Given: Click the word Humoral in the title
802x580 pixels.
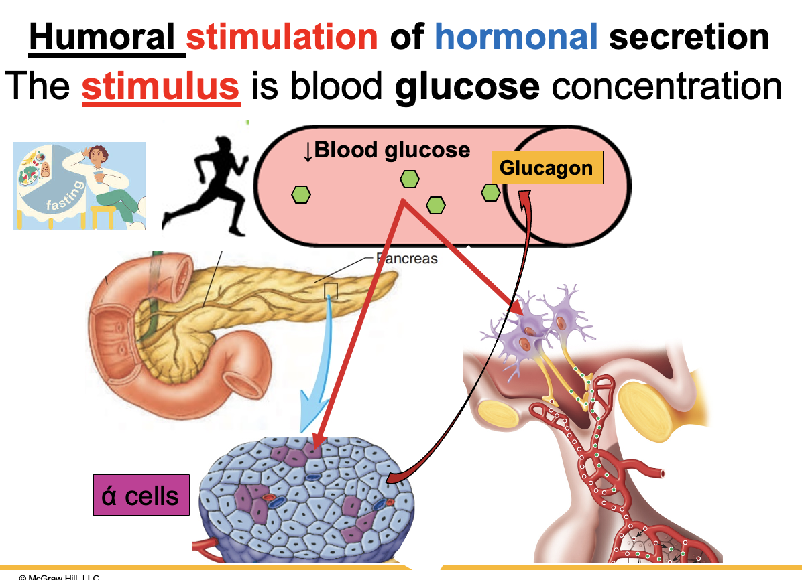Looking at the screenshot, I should [105, 36].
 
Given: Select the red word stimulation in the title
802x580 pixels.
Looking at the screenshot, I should [282, 36].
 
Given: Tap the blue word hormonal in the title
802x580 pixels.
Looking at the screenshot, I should [516, 36].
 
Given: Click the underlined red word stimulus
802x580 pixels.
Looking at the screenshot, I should [160, 86].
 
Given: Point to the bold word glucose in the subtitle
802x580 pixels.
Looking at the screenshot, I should [467, 86].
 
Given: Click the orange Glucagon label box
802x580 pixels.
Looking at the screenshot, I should [547, 167].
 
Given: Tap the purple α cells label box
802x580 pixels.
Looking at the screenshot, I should [141, 496].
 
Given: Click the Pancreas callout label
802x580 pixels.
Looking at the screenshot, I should [406, 258].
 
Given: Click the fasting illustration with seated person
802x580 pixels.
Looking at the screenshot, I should [79, 186].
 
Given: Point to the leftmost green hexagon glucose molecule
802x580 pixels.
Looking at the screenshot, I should [301, 194].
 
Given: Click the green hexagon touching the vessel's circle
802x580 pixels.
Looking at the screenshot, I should [491, 193].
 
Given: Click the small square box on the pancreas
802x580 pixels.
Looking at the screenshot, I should [331, 291].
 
